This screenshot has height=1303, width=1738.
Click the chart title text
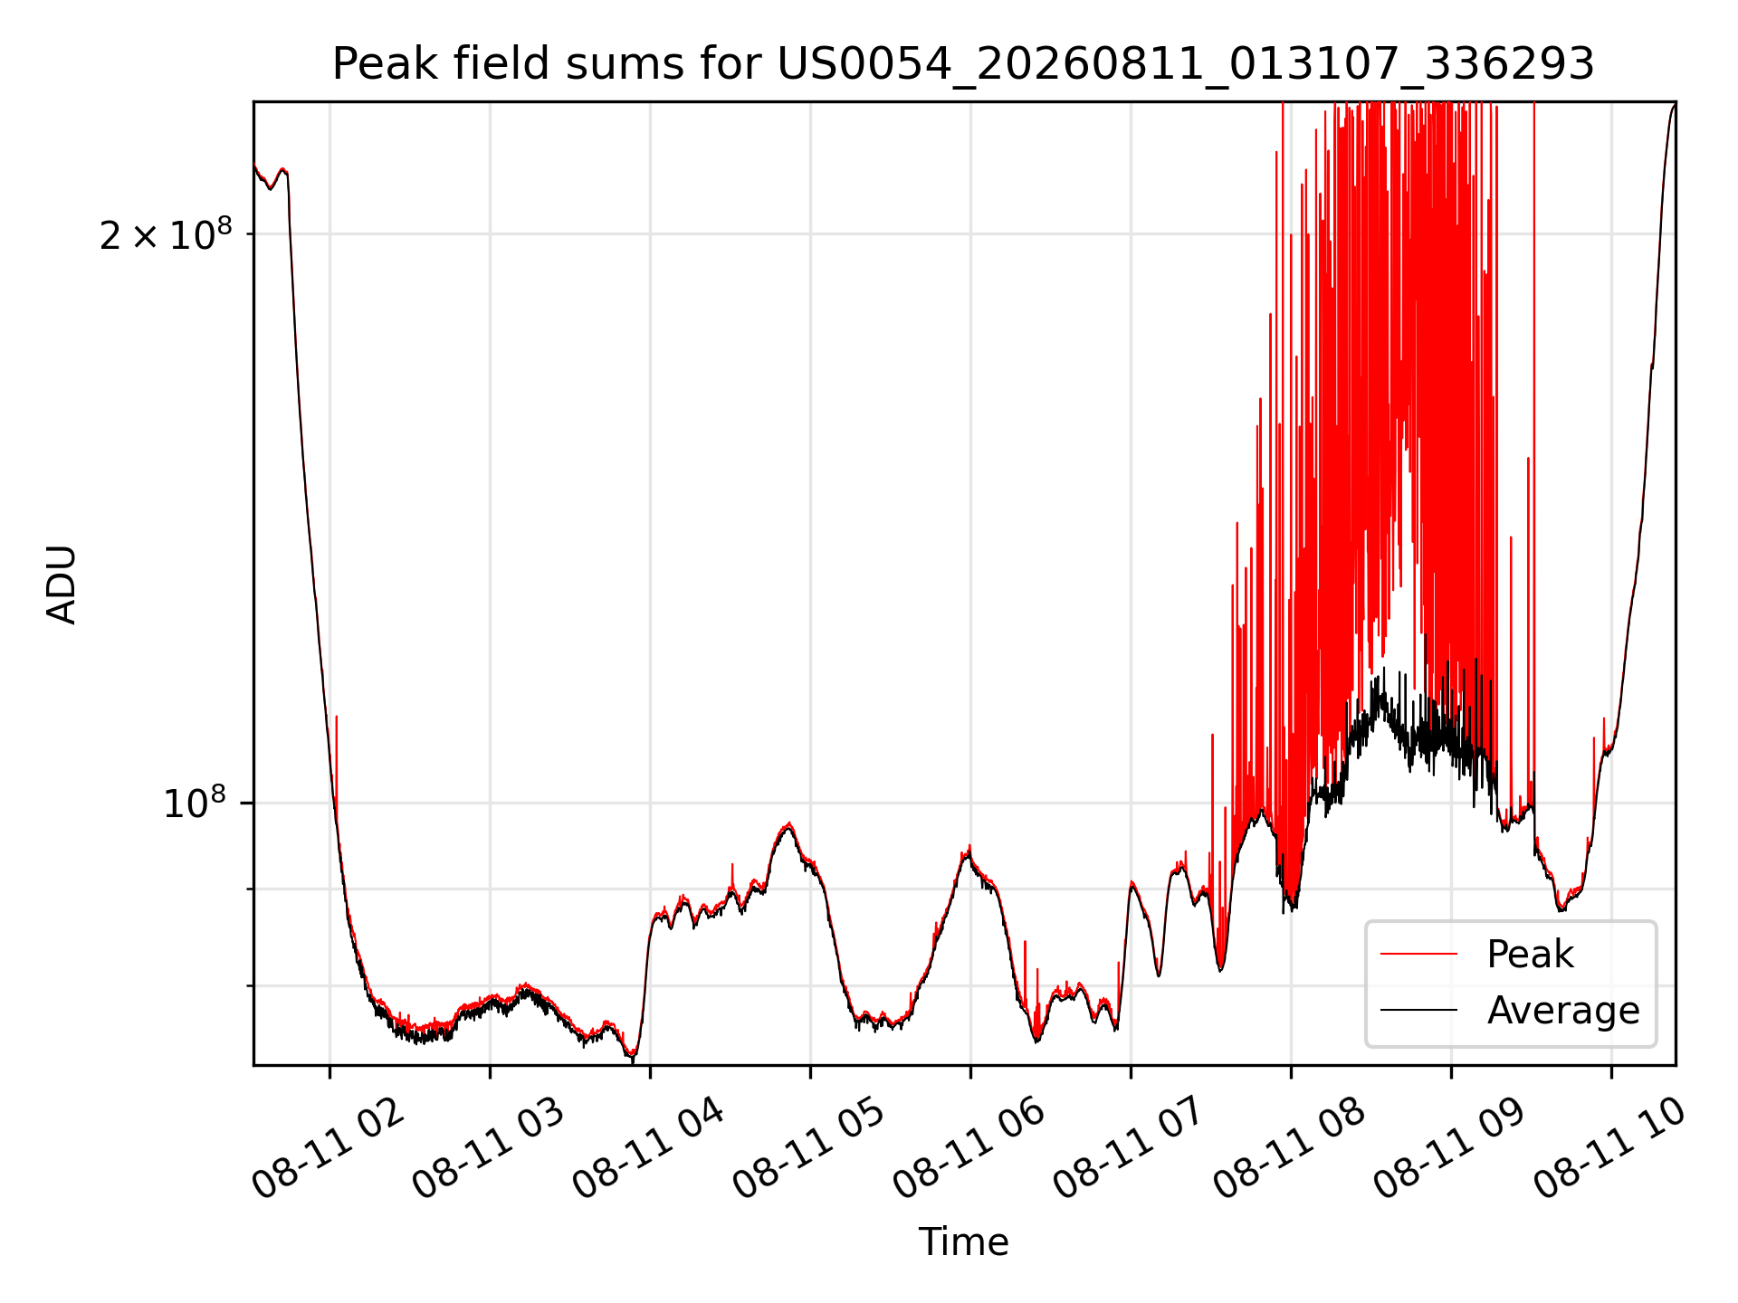tap(963, 64)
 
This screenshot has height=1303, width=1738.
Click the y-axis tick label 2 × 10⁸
tap(166, 234)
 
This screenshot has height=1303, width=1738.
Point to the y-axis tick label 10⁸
tap(194, 802)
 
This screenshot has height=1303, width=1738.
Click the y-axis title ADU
tap(62, 584)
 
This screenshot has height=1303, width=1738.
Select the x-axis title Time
tap(963, 1241)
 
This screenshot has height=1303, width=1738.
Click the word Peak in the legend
tap(1530, 954)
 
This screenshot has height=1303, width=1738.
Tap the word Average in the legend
tap(1563, 1010)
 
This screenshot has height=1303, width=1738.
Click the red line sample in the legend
tap(1418, 954)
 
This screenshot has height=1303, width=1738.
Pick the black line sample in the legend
tap(1418, 1010)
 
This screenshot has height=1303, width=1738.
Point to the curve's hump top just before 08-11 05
tap(788, 824)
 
